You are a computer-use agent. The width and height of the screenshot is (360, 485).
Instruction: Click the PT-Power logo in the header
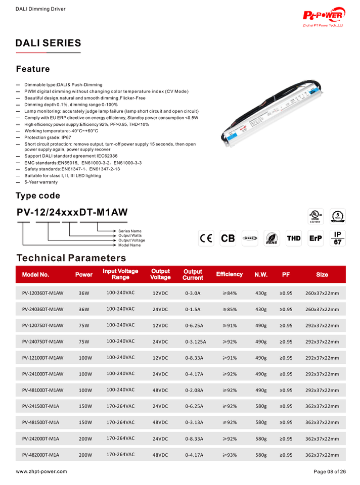[x=324, y=17]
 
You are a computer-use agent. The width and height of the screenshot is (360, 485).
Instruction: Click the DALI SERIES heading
[x=49, y=43]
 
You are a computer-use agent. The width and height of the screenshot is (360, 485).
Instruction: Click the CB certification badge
[x=228, y=238]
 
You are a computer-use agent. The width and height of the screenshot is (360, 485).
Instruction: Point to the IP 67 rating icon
[x=338, y=238]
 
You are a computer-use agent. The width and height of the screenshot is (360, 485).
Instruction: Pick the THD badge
[x=294, y=238]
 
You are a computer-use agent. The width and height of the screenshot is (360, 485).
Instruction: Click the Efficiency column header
[x=229, y=274]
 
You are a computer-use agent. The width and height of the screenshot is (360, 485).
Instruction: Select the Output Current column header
[x=193, y=274]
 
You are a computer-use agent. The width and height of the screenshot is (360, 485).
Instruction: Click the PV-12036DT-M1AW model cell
[x=42, y=293]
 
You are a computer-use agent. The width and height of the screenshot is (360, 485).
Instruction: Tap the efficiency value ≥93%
[x=230, y=455]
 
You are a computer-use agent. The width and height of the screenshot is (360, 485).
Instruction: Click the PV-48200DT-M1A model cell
[x=40, y=455]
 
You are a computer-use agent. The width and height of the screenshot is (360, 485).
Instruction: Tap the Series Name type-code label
[x=130, y=231]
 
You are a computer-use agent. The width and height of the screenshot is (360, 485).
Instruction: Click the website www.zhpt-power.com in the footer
[x=41, y=471]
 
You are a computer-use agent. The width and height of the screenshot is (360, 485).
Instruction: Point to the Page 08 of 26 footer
[x=330, y=471]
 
